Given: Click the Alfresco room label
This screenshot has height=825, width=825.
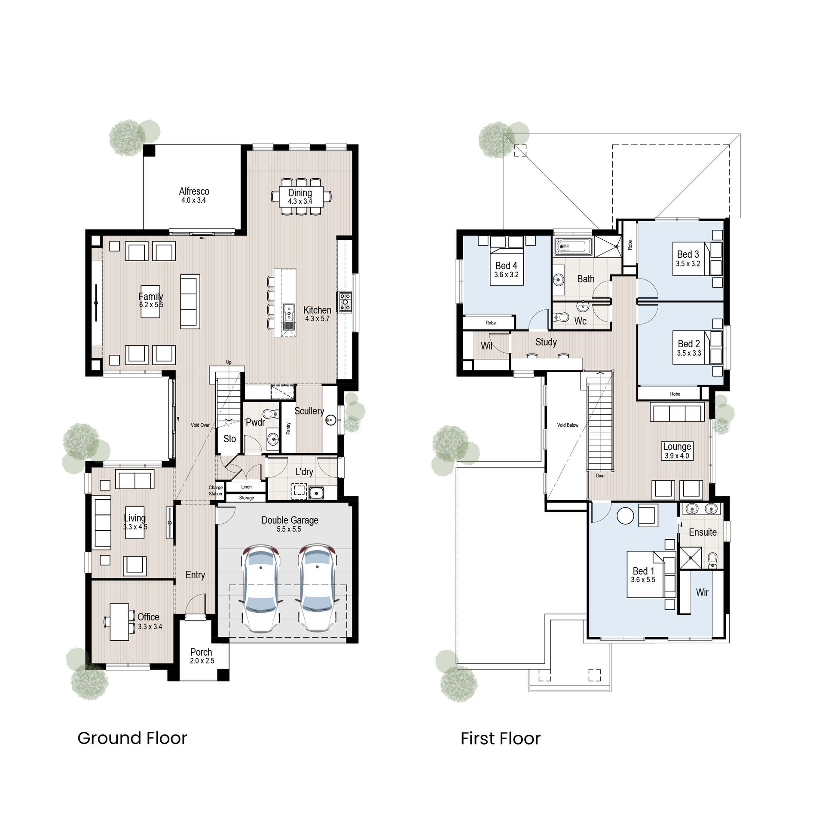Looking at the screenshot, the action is click(194, 191).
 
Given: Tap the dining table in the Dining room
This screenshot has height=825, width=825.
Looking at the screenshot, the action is click(300, 197).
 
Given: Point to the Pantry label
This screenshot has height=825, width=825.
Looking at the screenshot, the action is click(289, 428).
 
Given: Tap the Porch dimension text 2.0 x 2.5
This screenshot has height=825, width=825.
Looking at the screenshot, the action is click(202, 661).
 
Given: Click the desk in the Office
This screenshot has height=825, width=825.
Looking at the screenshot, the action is click(119, 622).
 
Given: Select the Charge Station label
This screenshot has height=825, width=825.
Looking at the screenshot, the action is click(216, 490).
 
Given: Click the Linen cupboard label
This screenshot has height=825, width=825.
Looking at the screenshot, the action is click(247, 487).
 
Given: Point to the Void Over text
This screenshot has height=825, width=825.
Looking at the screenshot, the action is click(200, 425).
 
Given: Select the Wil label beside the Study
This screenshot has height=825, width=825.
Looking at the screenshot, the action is click(486, 345).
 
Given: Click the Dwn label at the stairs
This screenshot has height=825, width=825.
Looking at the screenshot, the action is click(600, 476).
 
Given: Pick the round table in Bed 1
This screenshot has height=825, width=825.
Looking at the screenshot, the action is click(625, 516).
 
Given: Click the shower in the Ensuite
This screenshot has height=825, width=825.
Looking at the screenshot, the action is click(690, 558).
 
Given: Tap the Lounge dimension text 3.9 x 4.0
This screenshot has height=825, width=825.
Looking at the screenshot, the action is click(677, 456).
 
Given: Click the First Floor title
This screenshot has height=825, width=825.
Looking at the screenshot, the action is click(501, 738).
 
